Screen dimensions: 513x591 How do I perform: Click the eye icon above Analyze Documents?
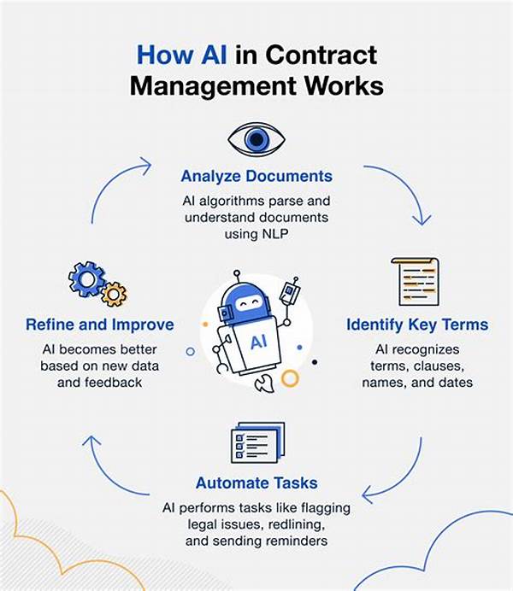[x=256, y=139]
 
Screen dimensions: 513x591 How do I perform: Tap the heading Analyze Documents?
[x=256, y=177]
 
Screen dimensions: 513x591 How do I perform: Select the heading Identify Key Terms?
[x=417, y=325]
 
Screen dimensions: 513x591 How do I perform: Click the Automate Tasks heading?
[x=256, y=483]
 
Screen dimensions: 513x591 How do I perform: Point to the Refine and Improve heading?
[x=99, y=325]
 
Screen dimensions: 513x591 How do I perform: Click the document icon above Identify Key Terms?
[x=416, y=282]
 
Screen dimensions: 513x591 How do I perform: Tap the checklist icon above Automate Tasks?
[x=257, y=442]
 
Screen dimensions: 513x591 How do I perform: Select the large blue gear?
[x=86, y=279]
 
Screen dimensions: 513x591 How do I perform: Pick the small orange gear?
[x=114, y=295]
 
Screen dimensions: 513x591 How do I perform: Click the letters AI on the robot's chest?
[x=258, y=342]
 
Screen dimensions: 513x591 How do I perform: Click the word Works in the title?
[x=344, y=85]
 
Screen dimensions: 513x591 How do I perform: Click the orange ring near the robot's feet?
[x=290, y=378]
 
